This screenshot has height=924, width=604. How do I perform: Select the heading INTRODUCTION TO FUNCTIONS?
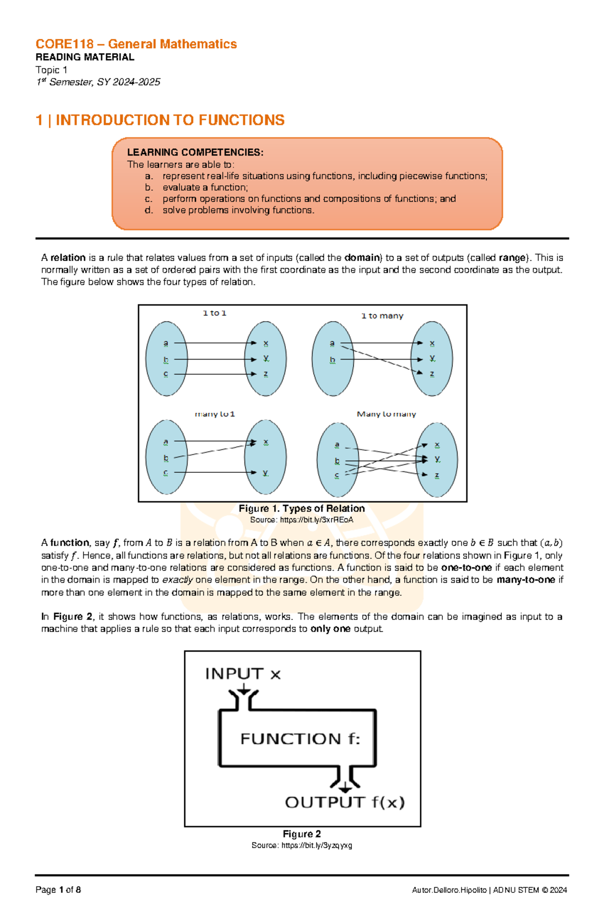pos(170,120)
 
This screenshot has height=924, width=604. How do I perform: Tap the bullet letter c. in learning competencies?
pos(148,199)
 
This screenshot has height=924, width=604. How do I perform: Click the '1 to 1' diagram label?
pos(214,313)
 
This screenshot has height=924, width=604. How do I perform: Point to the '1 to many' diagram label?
pos(382,316)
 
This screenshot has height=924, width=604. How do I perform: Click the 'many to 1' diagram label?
pos(215,414)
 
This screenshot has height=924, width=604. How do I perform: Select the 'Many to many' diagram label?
pos(386,414)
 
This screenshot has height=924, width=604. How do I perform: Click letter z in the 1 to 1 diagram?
pos(266,374)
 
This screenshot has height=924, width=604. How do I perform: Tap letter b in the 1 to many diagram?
pos(332,360)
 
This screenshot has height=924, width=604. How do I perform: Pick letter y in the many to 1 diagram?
pos(265,472)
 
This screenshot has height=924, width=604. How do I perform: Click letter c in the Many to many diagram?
pos(337,475)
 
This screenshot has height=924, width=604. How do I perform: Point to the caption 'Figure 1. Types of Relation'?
pos(301,509)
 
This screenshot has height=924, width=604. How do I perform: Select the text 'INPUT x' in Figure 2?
pos(243,674)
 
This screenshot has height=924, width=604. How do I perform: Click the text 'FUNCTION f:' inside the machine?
pos(300,739)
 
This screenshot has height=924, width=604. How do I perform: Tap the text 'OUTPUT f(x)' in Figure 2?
pos(345,802)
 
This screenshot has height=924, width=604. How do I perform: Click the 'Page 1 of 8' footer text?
pos(58,890)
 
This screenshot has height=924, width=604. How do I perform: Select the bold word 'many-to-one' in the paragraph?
pos(525,580)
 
